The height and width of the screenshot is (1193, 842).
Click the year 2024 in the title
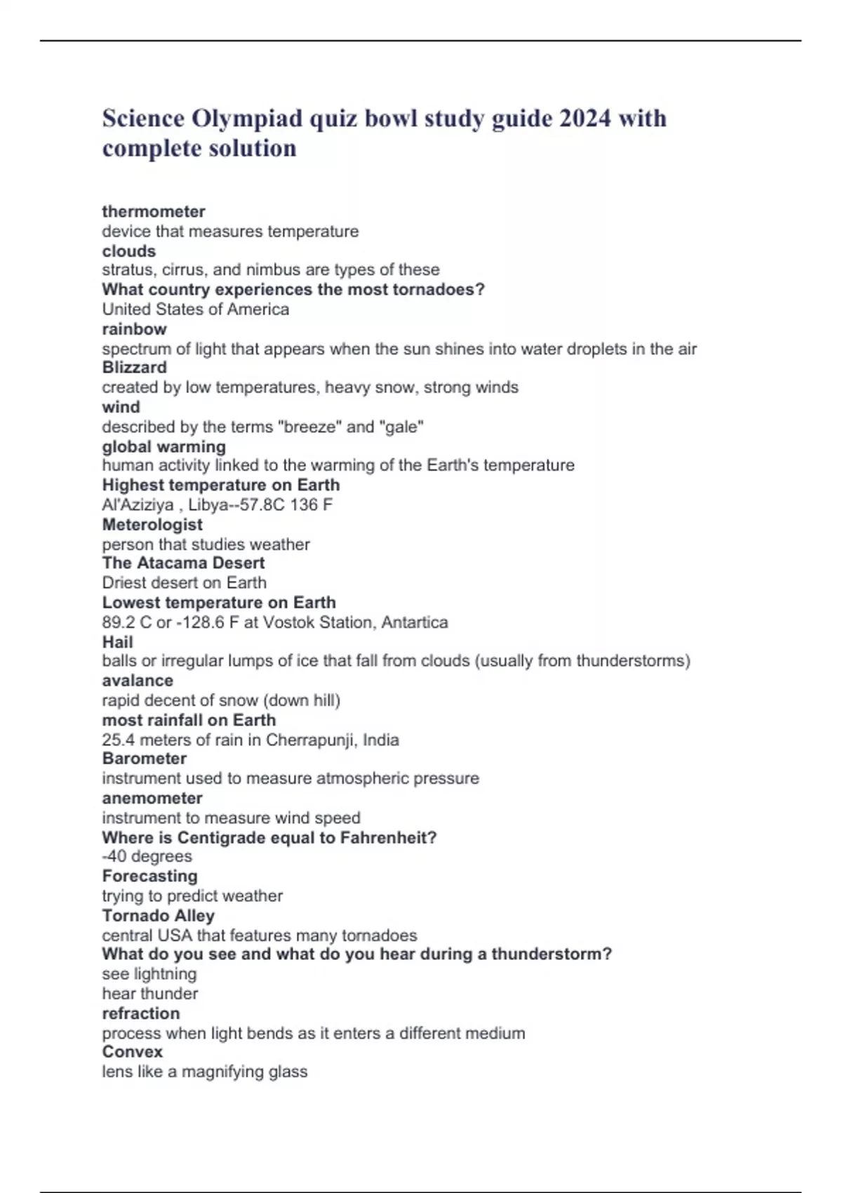[584, 119]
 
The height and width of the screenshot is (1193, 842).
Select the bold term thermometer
[154, 211]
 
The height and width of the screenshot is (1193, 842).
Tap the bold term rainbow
[135, 329]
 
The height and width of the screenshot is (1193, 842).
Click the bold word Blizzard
[135, 368]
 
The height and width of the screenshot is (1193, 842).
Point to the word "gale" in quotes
[401, 427]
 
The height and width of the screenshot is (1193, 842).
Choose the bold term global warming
[164, 447]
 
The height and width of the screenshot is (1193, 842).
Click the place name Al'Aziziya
[138, 505]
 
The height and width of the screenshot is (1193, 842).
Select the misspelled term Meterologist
[152, 525]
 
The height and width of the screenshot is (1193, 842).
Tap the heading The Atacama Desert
[183, 563]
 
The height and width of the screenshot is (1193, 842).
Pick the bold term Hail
[117, 642]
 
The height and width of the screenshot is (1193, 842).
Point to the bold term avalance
[138, 681]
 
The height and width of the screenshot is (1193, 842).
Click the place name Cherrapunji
[310, 740]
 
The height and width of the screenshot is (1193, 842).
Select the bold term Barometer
[145, 759]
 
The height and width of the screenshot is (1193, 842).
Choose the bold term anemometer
[152, 799]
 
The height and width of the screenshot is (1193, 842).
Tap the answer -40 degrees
[147, 856]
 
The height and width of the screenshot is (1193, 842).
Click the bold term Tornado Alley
[159, 916]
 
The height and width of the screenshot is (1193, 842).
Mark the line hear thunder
[150, 994]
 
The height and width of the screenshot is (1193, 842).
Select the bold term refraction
[141, 1013]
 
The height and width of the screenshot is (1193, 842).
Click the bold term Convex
[133, 1052]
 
